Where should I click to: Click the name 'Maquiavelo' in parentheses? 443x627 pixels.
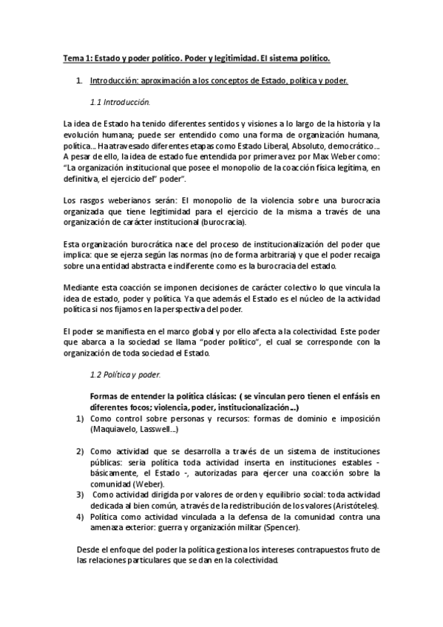[115, 430]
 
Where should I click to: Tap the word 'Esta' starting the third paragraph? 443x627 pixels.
[72, 244]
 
